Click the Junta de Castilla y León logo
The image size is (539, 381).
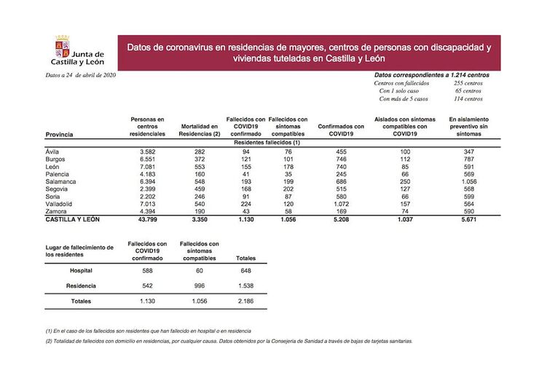tap(79, 53)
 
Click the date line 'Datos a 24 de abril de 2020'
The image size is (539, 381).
tap(80, 75)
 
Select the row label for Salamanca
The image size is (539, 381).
tap(62, 181)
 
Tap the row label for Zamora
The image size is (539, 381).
tap(57, 211)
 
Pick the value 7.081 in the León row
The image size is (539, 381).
tap(148, 165)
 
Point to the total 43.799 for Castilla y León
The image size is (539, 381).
tap(148, 219)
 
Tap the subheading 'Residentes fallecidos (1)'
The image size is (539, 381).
tap(267, 143)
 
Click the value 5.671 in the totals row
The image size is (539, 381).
tap(468, 219)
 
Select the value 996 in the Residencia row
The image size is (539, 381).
tap(200, 286)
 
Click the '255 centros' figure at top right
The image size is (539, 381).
tap(467, 83)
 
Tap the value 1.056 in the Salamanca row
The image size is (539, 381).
tap(468, 181)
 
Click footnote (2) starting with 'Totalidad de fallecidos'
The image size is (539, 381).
tap(228, 341)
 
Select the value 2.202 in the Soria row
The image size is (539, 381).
tap(148, 196)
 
